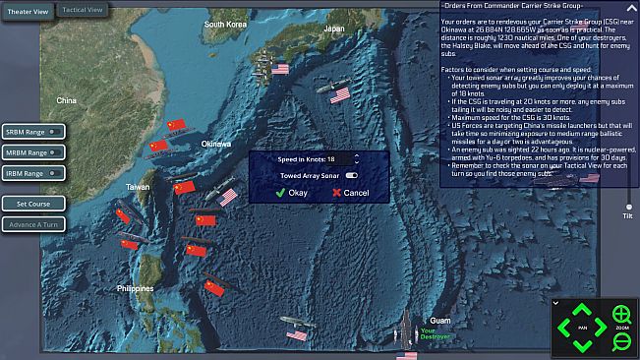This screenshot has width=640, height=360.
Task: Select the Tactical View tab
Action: click(83, 10)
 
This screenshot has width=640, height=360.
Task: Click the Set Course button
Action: click(33, 204)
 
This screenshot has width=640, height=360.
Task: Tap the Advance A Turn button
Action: click(33, 223)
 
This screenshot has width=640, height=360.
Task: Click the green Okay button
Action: click(292, 193)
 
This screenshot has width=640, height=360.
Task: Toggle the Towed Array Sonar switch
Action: click(350, 175)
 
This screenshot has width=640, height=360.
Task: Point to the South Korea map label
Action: click(225, 24)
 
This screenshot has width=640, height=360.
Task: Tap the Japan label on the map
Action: click(334, 29)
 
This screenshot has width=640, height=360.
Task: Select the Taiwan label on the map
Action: click(139, 186)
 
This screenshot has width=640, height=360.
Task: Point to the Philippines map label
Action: click(135, 288)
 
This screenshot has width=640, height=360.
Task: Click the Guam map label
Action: click(439, 321)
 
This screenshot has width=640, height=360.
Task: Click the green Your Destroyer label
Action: click(434, 335)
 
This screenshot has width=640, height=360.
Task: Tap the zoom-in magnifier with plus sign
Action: click(621, 315)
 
